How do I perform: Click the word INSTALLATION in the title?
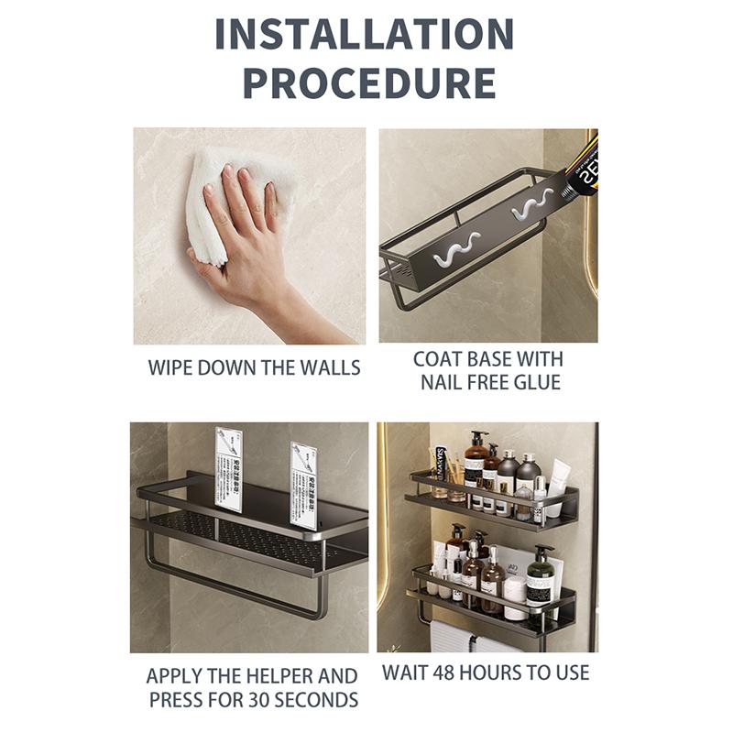point(365,35)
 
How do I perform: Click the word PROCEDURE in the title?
point(368,82)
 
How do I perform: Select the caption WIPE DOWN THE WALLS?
point(254,368)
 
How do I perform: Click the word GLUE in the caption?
point(536,382)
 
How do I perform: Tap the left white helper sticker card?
point(228,468)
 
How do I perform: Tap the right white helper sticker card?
point(303,473)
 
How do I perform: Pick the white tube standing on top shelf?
point(559,487)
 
